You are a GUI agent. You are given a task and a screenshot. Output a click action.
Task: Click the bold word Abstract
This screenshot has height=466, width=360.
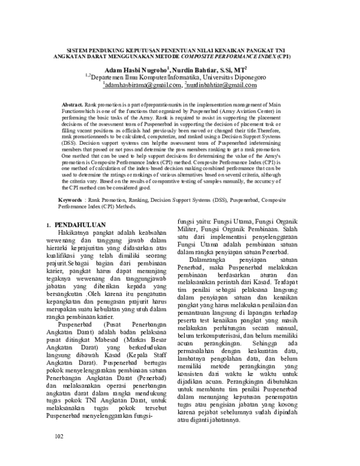pyautogui.click(x=72, y=104)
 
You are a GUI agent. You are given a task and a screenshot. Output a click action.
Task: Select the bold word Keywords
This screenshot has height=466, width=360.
pyautogui.click(x=70, y=198)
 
